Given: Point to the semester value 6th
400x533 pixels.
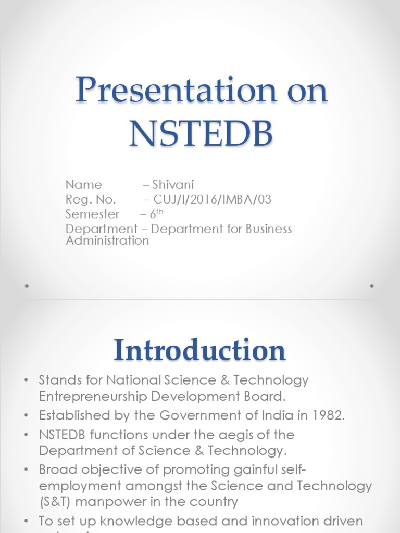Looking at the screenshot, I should (x=158, y=214).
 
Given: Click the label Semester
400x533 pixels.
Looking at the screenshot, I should (x=92, y=214).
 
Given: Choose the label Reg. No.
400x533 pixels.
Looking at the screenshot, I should (x=91, y=200).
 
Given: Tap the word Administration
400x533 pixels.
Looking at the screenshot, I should (x=107, y=240).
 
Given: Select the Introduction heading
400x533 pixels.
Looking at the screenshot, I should (x=200, y=350).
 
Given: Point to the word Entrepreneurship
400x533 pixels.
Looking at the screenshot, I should (x=94, y=396).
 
